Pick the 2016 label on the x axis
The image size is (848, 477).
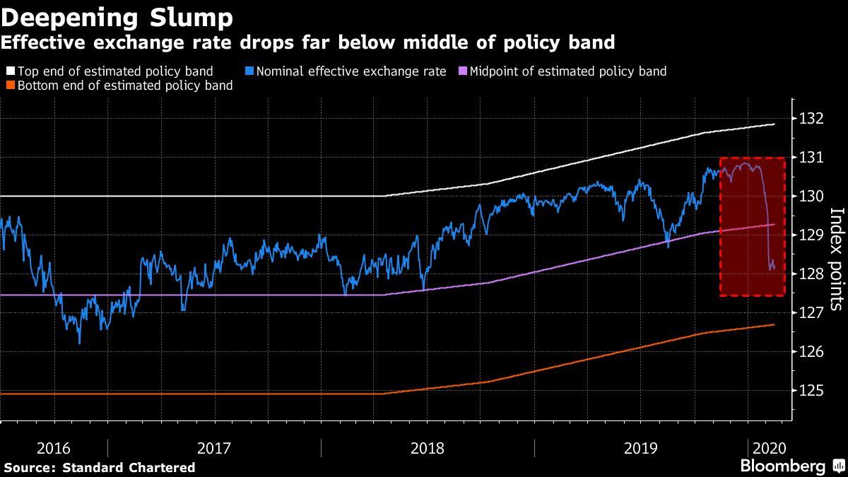click(54, 448)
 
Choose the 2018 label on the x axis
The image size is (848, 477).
click(427, 448)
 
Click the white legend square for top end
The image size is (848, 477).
click(10, 71)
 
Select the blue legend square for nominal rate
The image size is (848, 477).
click(250, 71)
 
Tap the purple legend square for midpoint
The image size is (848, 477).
click(462, 71)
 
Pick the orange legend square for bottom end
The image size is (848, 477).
click(10, 86)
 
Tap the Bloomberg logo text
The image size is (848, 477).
click(782, 466)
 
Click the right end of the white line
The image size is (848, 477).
click(775, 124)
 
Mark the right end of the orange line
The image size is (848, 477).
click(775, 324)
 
